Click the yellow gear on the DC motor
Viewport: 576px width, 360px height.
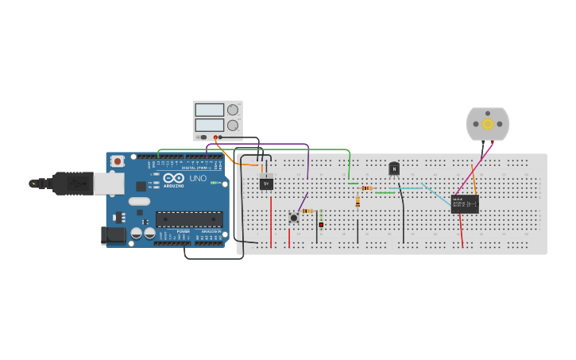pos(487,123)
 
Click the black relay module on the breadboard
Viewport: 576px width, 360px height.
pos(464,204)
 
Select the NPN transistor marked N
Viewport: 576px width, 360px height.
pos(393,168)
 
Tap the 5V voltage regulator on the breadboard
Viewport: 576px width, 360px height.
pos(267,183)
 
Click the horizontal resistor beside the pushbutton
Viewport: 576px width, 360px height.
pos(308,211)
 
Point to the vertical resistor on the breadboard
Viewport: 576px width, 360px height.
pos(358,202)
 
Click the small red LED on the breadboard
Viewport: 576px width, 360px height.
pos(321,225)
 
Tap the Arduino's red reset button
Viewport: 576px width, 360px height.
pos(118,161)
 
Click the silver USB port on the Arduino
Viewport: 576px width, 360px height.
pos(108,184)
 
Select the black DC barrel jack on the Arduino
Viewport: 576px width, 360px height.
pos(114,234)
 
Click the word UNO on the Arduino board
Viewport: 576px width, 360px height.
pos(198,179)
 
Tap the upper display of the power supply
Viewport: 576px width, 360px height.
pos(209,110)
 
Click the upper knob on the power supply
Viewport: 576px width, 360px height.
pos(232,110)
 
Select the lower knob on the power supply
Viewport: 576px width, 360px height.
pos(232,126)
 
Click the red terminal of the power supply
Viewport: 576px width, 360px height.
pos(215,137)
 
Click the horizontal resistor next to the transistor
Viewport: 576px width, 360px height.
pos(366,188)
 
